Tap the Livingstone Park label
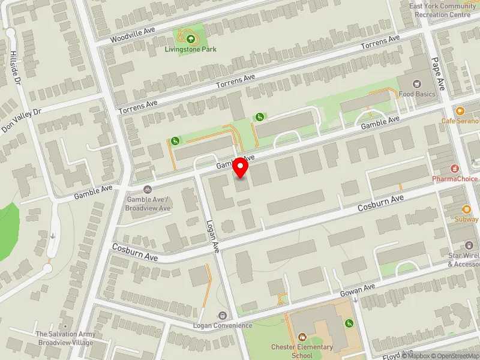190,49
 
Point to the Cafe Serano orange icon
460,111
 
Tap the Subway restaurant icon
466,209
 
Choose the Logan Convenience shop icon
223,316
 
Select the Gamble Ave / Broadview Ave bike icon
148,190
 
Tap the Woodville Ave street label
133,35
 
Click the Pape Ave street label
437,73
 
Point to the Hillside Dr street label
15,66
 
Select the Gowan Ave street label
357,290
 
